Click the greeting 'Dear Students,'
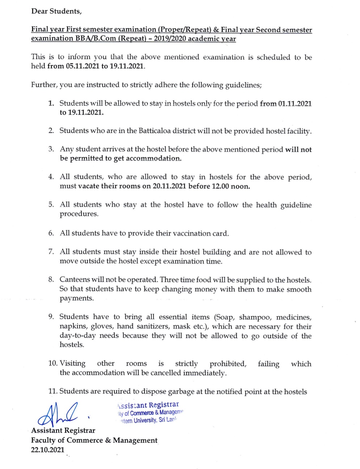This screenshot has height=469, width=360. point(56,11)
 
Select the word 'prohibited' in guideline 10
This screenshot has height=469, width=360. point(228,364)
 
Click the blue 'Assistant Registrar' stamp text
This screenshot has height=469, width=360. point(148,405)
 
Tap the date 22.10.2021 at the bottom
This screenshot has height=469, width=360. point(48,450)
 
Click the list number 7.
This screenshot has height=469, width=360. point(51,252)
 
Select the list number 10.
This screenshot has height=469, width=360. point(53,363)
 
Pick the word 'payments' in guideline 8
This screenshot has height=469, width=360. point(76,299)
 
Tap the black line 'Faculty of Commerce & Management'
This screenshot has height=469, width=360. point(94,440)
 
